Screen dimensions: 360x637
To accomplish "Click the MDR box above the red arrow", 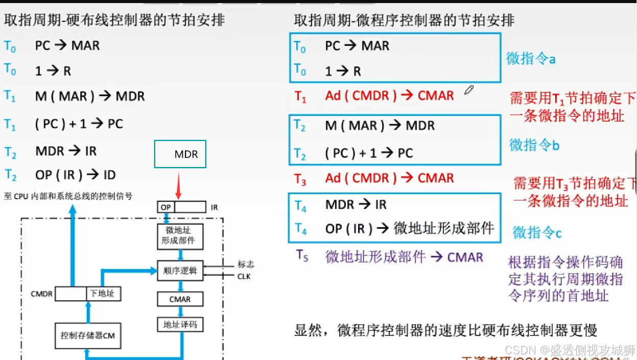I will (x=180, y=154).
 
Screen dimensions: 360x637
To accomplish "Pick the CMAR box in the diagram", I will (x=180, y=299).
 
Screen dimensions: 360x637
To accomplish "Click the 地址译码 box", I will (x=180, y=324).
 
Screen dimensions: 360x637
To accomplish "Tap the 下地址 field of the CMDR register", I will (x=102, y=294).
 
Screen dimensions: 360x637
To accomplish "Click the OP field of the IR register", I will (x=166, y=207).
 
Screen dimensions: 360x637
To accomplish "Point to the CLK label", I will (x=244, y=277).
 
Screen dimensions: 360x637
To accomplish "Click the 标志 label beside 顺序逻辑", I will (x=246, y=265).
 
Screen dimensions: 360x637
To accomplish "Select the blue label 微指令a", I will (x=531, y=59).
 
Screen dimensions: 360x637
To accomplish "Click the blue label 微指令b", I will (x=534, y=145).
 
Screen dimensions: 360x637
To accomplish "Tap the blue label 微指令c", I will (x=537, y=233).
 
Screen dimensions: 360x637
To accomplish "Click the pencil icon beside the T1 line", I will (x=469, y=90).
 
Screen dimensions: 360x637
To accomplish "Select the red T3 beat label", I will (x=300, y=179).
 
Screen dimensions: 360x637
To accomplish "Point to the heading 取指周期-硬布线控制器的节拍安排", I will (x=114, y=20).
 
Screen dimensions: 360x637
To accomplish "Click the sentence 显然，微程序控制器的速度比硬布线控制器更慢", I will (x=445, y=330).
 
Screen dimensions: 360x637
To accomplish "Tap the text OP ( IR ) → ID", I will (x=76, y=175).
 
